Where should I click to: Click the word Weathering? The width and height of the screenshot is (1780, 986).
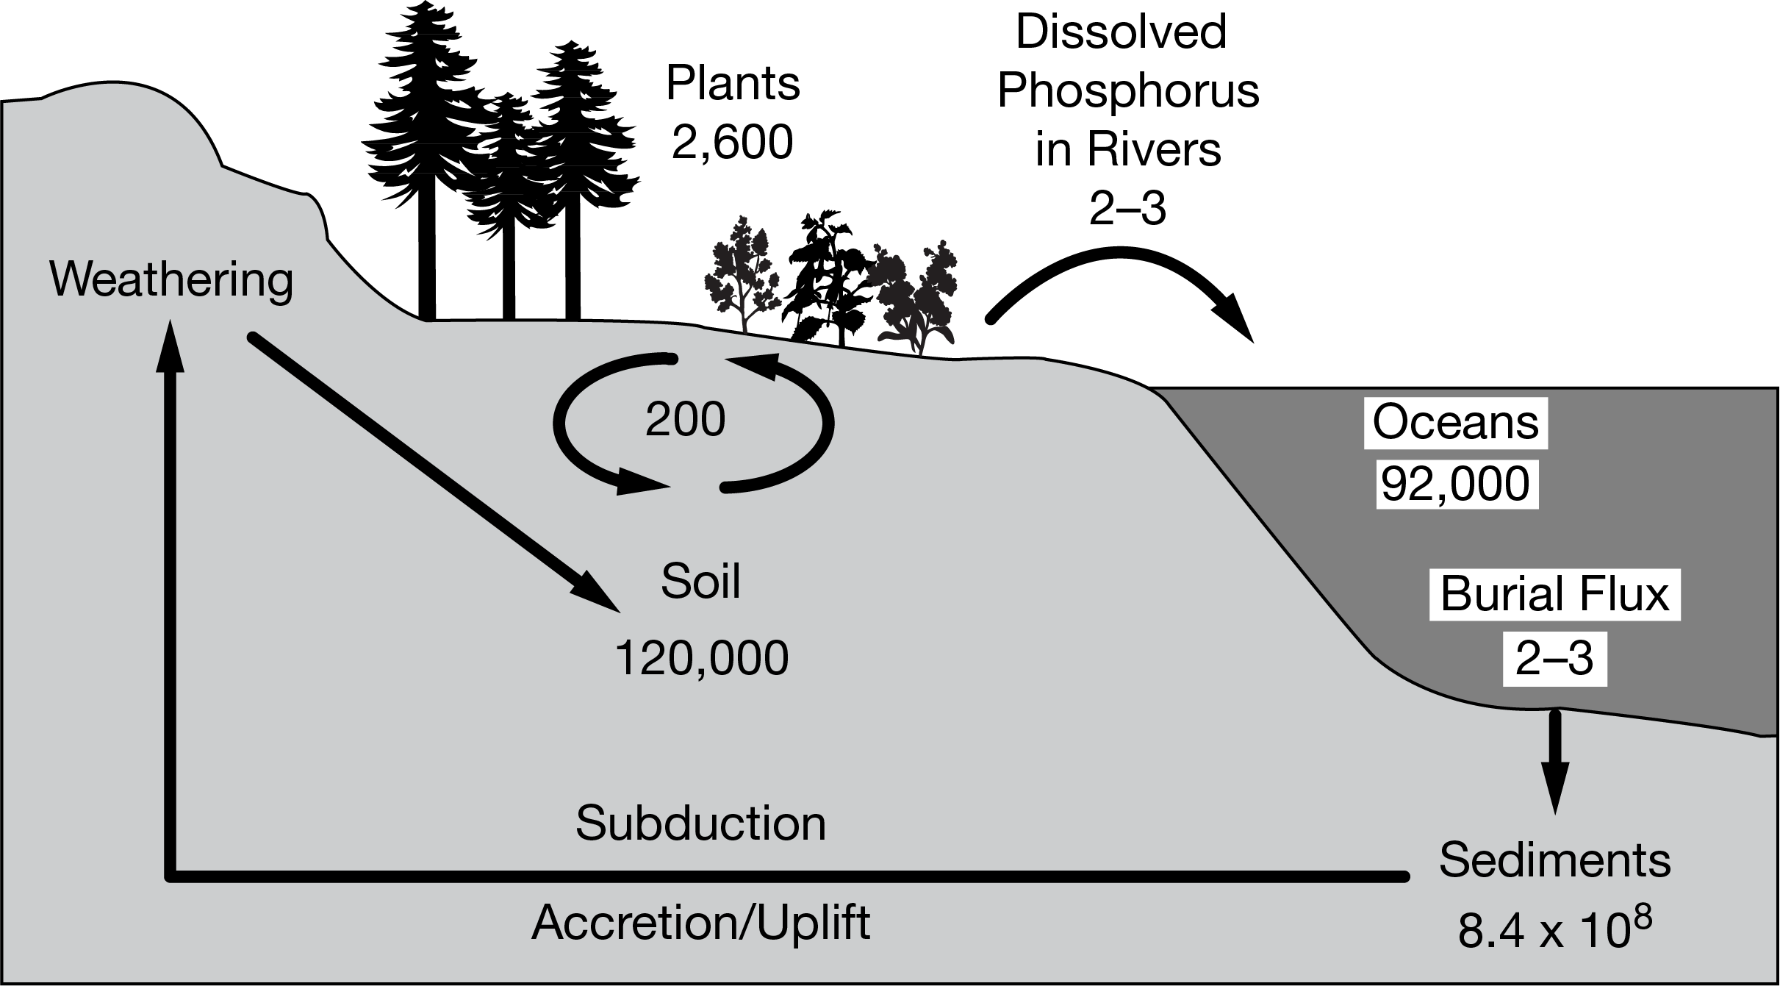click(x=171, y=281)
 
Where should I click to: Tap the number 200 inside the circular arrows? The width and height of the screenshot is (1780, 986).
click(x=685, y=421)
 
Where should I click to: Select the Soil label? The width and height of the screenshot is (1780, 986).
click(x=700, y=582)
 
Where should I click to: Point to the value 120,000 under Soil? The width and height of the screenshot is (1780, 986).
click(x=700, y=658)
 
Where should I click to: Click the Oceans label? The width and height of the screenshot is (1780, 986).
click(x=1455, y=423)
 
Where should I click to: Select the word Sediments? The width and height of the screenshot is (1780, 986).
click(x=1554, y=860)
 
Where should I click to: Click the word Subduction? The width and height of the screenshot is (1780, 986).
click(x=700, y=824)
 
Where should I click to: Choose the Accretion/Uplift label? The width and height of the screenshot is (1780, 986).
click(x=700, y=922)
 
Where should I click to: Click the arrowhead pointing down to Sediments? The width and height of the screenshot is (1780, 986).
click(x=1555, y=787)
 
